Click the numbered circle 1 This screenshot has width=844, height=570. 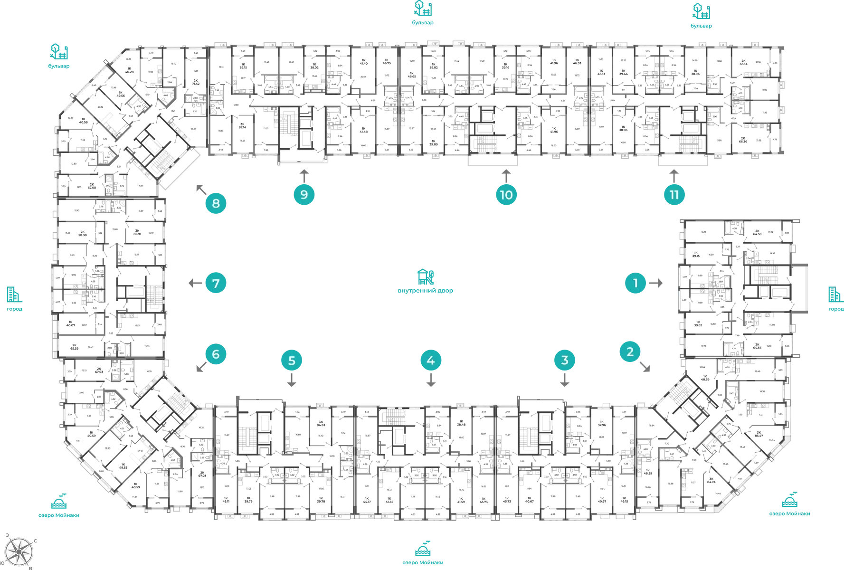pyautogui.click(x=636, y=284)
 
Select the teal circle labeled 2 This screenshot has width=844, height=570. pyautogui.click(x=630, y=352)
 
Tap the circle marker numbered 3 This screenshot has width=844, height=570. pyautogui.click(x=564, y=360)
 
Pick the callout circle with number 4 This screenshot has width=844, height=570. pyautogui.click(x=431, y=360)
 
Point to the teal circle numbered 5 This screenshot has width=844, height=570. pyautogui.click(x=292, y=361)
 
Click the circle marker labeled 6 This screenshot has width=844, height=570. pyautogui.click(x=216, y=354)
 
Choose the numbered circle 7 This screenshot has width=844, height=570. pyautogui.click(x=216, y=284)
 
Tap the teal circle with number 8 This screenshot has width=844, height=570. pyautogui.click(x=216, y=204)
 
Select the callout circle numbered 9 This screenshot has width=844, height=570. pyautogui.click(x=304, y=195)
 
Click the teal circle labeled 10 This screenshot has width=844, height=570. pyautogui.click(x=506, y=195)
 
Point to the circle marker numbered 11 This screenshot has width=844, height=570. pyautogui.click(x=674, y=195)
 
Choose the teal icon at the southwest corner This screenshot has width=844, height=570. pyautogui.click(x=59, y=502)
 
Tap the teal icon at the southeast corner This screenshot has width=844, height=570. pyautogui.click(x=789, y=500)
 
